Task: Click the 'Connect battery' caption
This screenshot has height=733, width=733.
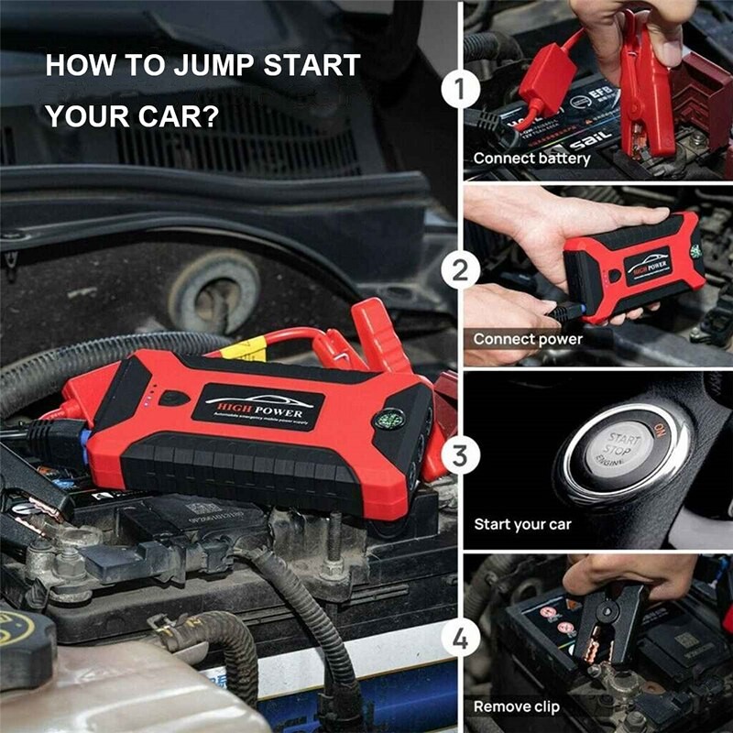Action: pos(531,159)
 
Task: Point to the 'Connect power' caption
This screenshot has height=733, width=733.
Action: pos(528,339)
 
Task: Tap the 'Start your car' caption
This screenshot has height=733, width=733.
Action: pos(522,524)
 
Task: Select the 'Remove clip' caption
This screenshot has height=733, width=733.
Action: pos(516,706)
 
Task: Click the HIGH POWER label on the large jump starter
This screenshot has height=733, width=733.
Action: pos(258,405)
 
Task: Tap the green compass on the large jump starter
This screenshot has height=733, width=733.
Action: pos(388,421)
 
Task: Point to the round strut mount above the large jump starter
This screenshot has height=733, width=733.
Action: pos(212,289)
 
